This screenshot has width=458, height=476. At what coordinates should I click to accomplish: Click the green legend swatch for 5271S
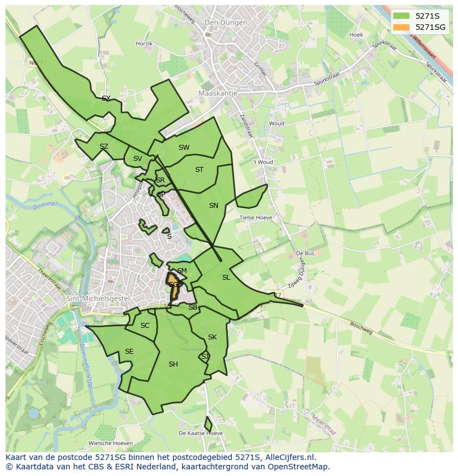402,16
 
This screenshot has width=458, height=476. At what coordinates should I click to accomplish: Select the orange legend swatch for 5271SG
402,27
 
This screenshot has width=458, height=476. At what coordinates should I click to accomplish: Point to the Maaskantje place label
217,93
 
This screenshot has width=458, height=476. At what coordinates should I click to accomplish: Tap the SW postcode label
184,148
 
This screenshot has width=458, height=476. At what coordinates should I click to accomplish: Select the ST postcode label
199,170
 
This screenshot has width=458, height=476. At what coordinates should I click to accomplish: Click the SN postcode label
214,206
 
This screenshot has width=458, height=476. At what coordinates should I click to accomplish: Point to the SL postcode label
226,278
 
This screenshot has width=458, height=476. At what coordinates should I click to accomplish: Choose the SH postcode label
173,364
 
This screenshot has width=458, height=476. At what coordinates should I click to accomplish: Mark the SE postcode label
129,352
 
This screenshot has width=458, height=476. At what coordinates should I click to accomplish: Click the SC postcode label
145,326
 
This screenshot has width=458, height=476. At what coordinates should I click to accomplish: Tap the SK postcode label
212,337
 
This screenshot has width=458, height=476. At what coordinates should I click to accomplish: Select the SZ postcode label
103,147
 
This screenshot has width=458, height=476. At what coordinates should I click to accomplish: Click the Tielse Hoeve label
256,218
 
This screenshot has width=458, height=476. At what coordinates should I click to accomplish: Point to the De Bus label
305,253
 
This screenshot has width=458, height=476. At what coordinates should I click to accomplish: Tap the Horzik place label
144,43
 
